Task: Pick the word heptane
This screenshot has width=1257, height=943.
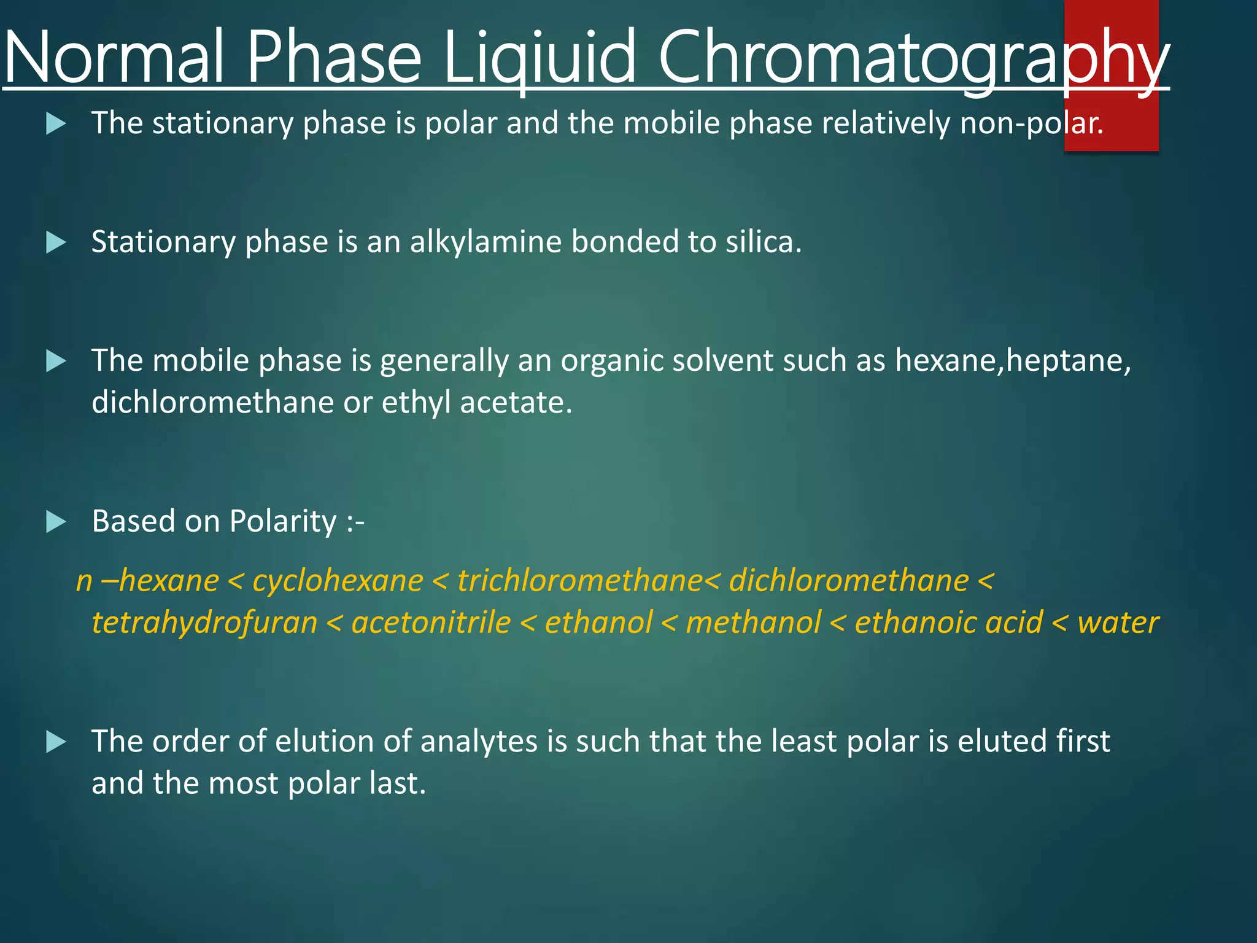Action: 1068,360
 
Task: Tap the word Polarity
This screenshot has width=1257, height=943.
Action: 283,521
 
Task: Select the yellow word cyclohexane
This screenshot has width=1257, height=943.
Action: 338,580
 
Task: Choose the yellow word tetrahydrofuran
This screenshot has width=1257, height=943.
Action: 204,622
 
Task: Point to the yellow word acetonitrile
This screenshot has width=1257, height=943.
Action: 431,622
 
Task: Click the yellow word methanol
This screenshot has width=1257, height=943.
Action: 753,622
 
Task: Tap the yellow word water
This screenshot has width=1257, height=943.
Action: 1118,622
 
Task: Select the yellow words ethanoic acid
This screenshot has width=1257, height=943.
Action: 948,622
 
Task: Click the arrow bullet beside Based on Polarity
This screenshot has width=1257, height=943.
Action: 56,522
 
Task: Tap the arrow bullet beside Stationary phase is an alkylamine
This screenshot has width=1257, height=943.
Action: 56,243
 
